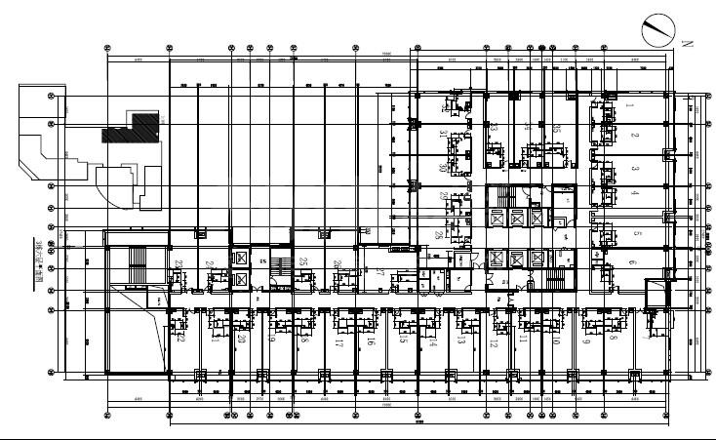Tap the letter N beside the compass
[687, 44]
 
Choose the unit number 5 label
[635, 234]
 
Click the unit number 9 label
[586, 341]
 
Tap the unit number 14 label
[432, 342]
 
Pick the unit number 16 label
[371, 342]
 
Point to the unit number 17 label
[339, 343]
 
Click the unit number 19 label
[272, 341]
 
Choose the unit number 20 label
[241, 340]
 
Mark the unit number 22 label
[181, 339]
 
